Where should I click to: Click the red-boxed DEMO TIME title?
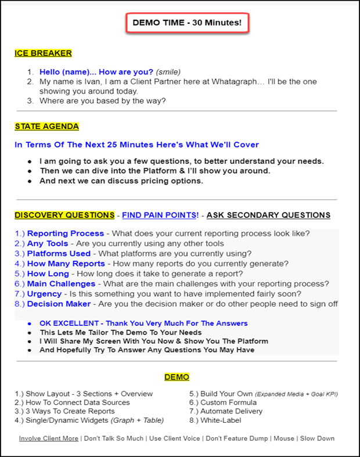coord(187,23)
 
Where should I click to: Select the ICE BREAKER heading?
coord(43,53)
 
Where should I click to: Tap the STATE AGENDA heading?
coord(46,127)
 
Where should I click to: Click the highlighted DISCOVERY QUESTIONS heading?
coord(64,215)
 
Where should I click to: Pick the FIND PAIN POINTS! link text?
coord(160,215)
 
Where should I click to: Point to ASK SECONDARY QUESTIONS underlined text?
coord(268,215)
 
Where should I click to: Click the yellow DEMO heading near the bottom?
coord(177,377)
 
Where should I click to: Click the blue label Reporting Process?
coord(57,233)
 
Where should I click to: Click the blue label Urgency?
coord(44,294)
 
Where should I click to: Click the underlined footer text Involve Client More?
coord(49,439)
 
